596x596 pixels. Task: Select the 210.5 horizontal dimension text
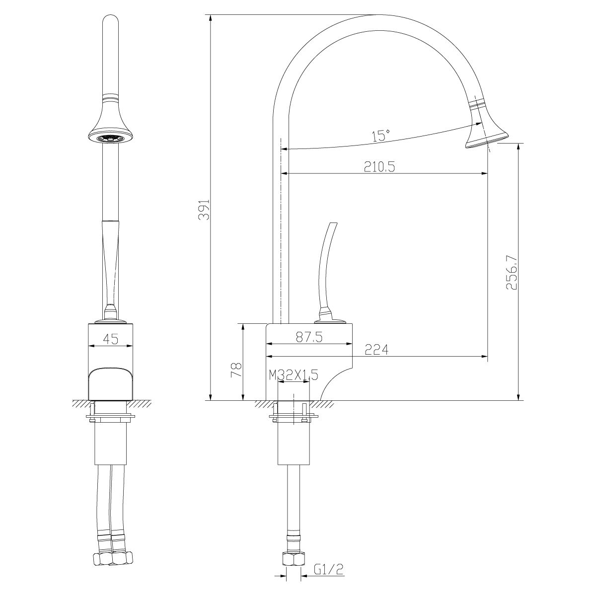pyautogui.click(x=379, y=167)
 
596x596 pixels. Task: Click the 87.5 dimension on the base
pyautogui.click(x=309, y=337)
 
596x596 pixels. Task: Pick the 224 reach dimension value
pyautogui.click(x=376, y=350)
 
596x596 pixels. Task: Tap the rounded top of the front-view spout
pyautogui.click(x=110, y=25)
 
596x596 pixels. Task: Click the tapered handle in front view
pyautogui.click(x=110, y=263)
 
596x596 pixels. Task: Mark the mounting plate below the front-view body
pyautogui.click(x=111, y=415)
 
